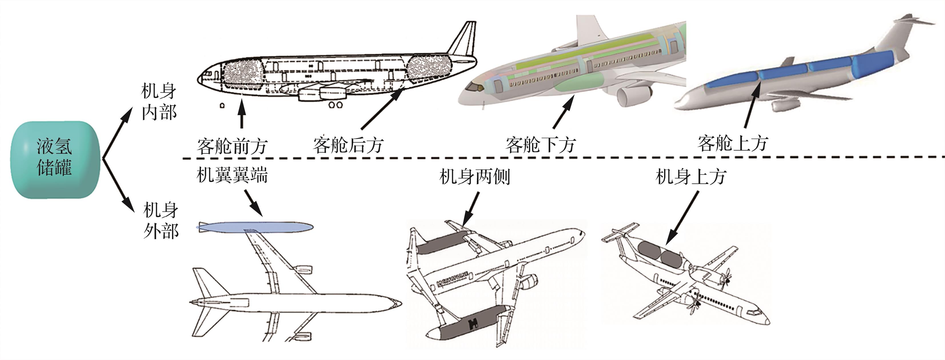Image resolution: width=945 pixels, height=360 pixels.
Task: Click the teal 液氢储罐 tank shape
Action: (x=55, y=160)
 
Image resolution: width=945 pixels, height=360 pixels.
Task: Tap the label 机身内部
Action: (x=159, y=102)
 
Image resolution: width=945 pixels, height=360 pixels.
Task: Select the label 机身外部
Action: (x=161, y=221)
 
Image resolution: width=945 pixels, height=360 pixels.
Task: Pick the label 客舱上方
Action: (x=733, y=143)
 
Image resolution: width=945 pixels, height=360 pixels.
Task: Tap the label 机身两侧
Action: (x=474, y=177)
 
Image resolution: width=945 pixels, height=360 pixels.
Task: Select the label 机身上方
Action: (x=690, y=177)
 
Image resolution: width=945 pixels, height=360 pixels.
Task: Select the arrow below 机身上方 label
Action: (x=682, y=218)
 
